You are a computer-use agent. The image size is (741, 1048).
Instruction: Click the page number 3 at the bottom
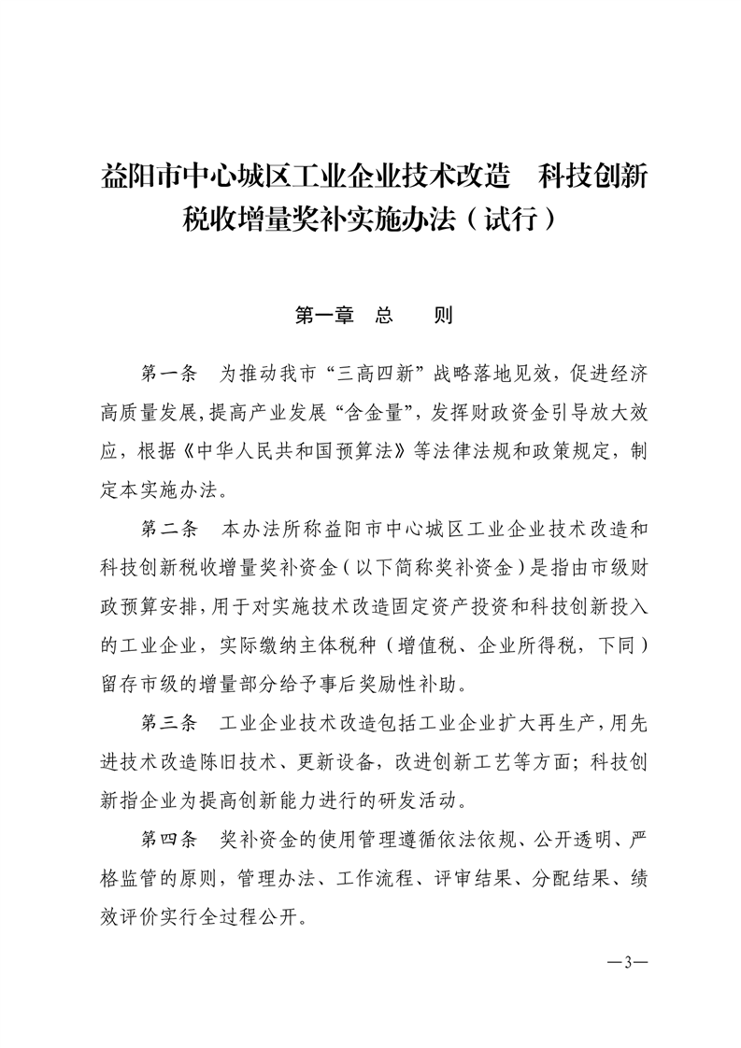(x=628, y=963)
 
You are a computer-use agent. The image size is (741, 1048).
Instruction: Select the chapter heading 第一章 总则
(x=373, y=316)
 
